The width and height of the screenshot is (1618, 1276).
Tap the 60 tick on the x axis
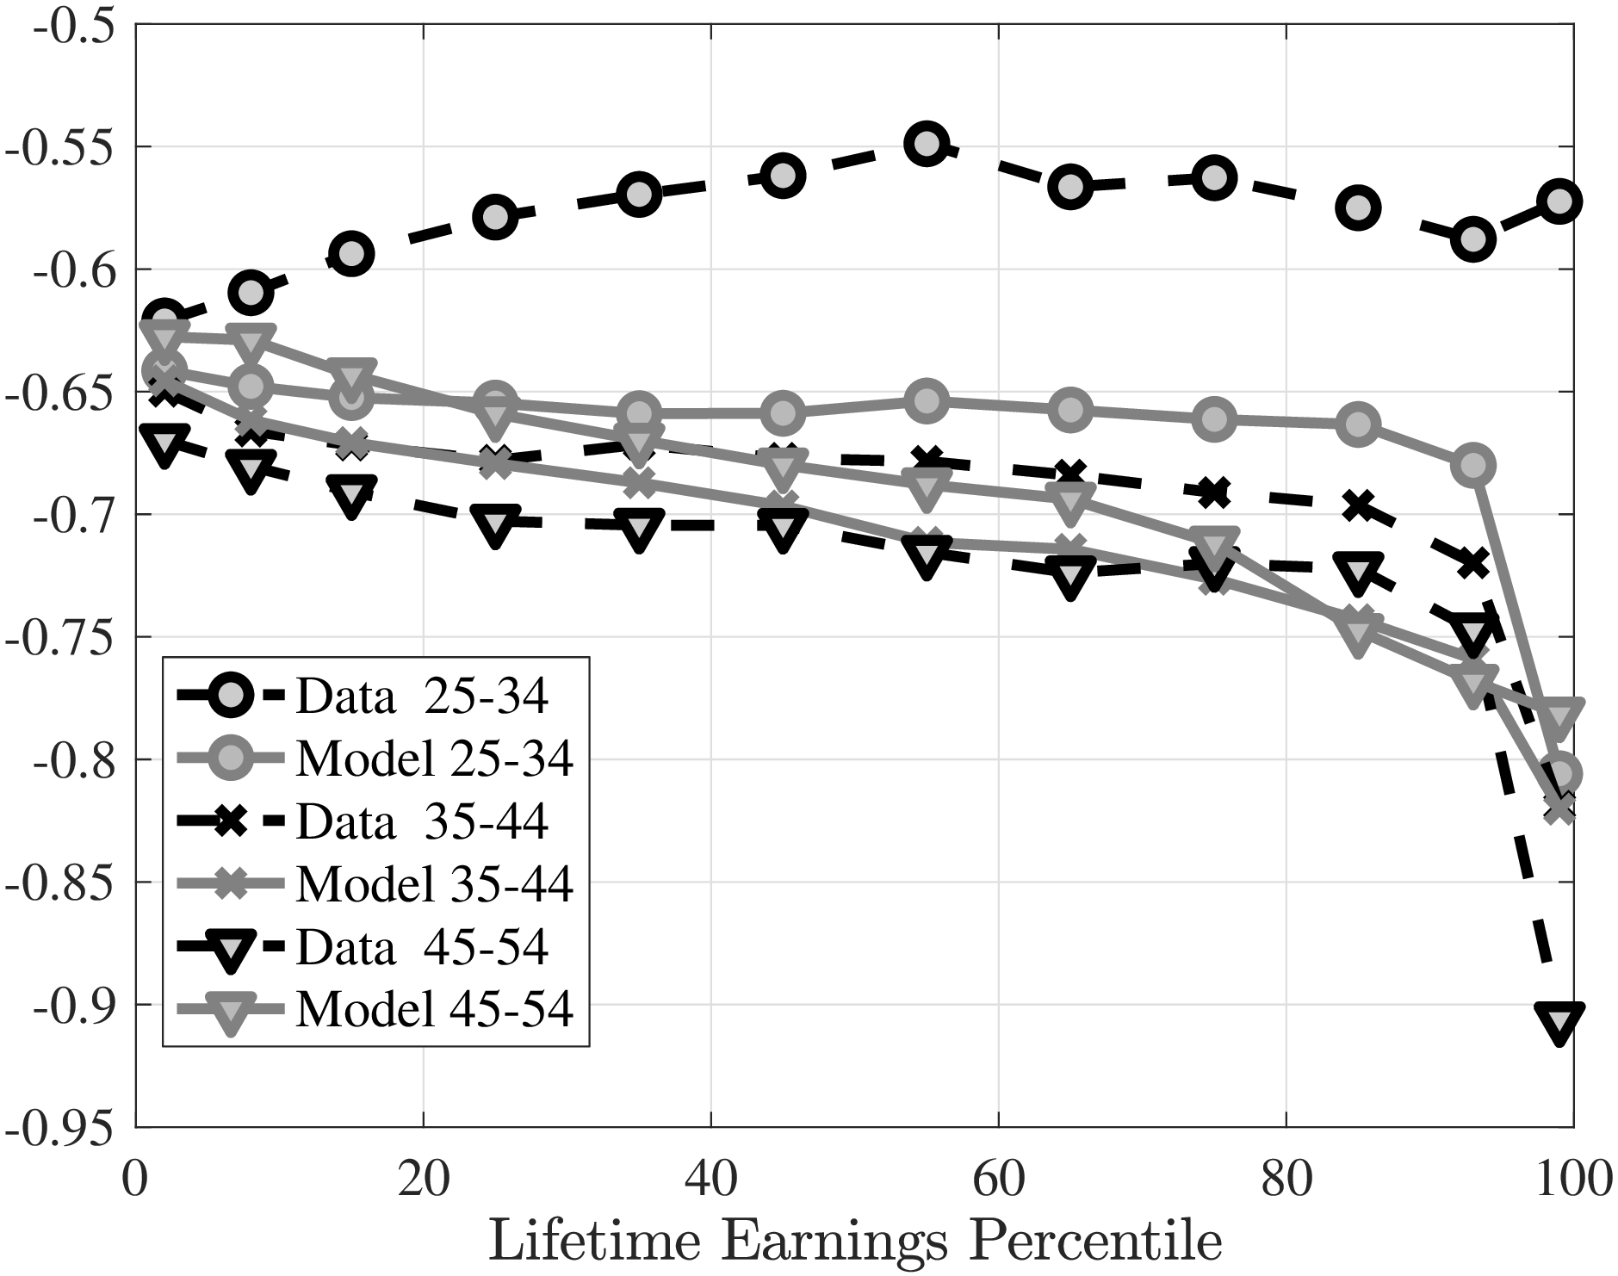pyautogui.click(x=998, y=1179)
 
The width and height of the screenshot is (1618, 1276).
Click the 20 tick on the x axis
pyautogui.click(x=423, y=1179)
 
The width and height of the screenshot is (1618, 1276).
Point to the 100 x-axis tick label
pyautogui.click(x=1572, y=1179)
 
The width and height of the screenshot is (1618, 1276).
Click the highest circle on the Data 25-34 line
pyautogui.click(x=927, y=144)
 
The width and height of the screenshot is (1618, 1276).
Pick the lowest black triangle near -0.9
pyautogui.click(x=1559, y=1021)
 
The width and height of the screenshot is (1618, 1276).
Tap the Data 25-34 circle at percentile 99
pyautogui.click(x=1559, y=201)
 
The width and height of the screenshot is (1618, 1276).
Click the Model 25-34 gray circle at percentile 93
pyautogui.click(x=1473, y=466)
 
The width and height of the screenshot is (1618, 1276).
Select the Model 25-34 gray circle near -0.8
pyautogui.click(x=1559, y=772)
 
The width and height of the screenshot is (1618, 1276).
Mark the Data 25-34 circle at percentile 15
pyautogui.click(x=350, y=253)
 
